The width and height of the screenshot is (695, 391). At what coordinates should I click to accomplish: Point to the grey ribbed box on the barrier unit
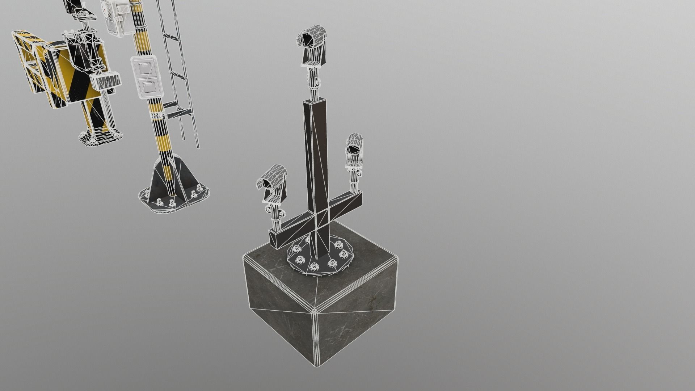tap(106, 81)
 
